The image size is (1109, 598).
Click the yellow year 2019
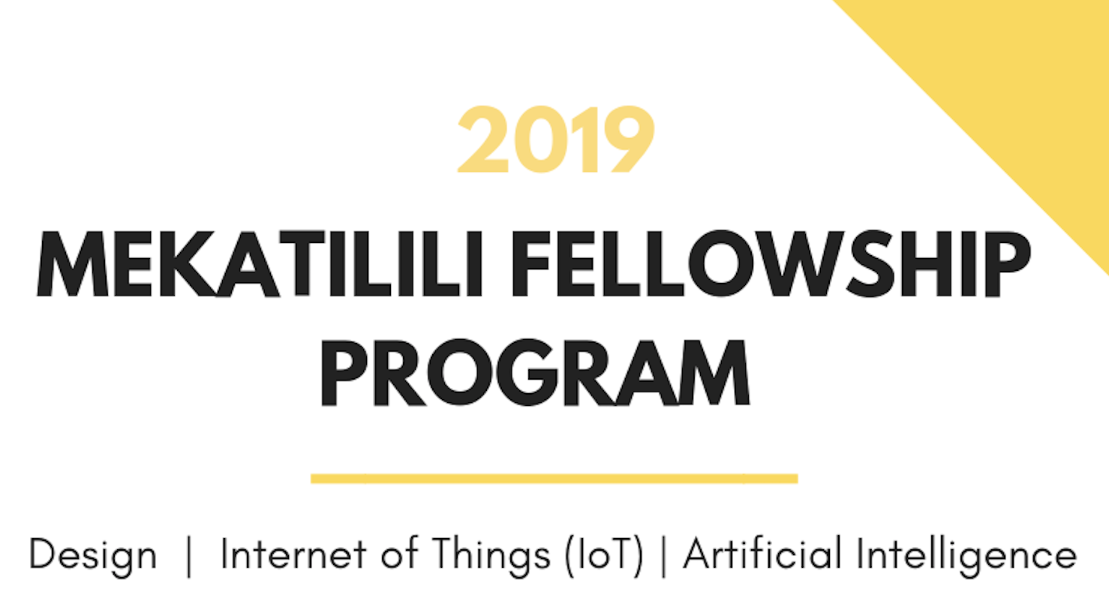tap(556, 139)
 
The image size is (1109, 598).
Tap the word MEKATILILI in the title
tap(260, 264)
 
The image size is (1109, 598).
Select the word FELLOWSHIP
tap(771, 264)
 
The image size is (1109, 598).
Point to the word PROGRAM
tap(535, 373)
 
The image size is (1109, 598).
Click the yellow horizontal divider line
tap(554, 478)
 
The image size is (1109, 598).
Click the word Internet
tap(293, 554)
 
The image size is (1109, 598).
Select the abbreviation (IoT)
tap(605, 555)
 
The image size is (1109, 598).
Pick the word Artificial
tap(762, 553)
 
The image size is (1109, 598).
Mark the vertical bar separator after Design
tap(188, 557)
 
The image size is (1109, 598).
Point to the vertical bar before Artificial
tap(663, 557)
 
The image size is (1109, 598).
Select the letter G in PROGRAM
tap(527, 373)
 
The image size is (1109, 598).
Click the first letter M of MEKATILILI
tap(72, 264)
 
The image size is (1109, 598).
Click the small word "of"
tap(399, 553)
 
